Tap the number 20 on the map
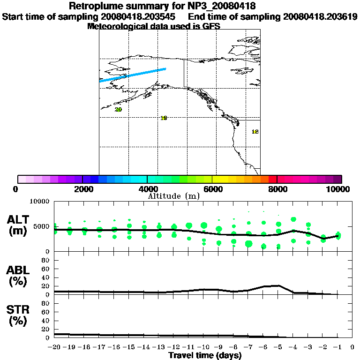click(118, 110)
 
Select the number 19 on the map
click(164, 118)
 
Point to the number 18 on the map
click(255, 132)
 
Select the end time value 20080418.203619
click(320, 17)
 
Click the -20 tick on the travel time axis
click(54, 347)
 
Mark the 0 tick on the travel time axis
click(352, 347)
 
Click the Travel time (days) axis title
click(205, 356)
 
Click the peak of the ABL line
click(279, 285)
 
